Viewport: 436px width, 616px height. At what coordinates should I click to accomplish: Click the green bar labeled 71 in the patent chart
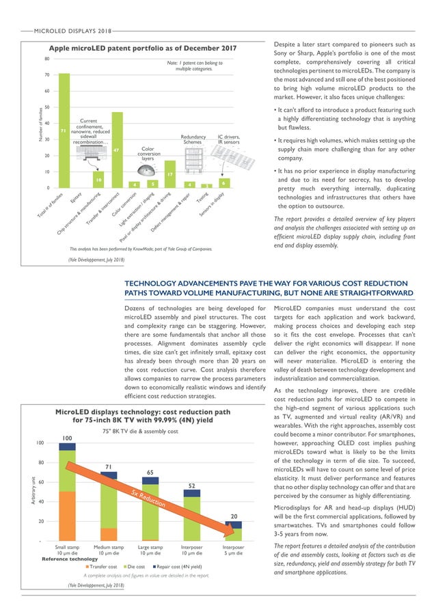tap(64, 130)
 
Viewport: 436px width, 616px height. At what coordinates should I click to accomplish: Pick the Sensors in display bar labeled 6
tap(223, 183)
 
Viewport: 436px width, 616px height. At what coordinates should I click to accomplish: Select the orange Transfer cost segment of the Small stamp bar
tap(67, 516)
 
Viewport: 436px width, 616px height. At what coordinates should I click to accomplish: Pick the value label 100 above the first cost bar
tap(67, 438)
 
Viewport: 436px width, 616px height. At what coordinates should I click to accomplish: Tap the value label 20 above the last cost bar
tap(233, 516)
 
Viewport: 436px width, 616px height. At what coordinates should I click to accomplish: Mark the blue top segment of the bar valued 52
tap(192, 492)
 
